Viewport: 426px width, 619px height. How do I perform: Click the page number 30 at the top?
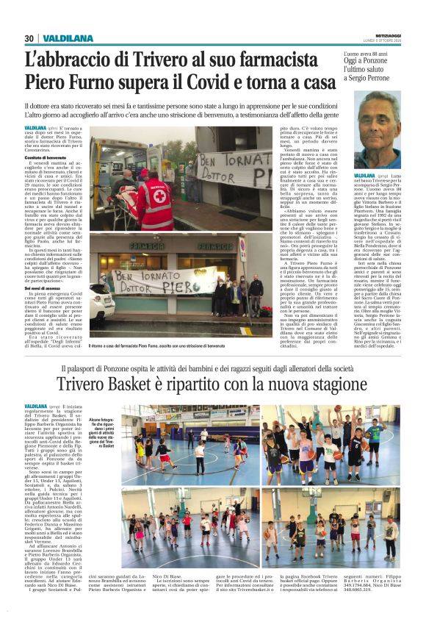[x=29, y=38]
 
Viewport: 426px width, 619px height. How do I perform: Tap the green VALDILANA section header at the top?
[x=68, y=38]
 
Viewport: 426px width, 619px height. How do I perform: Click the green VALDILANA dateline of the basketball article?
[x=36, y=406]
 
